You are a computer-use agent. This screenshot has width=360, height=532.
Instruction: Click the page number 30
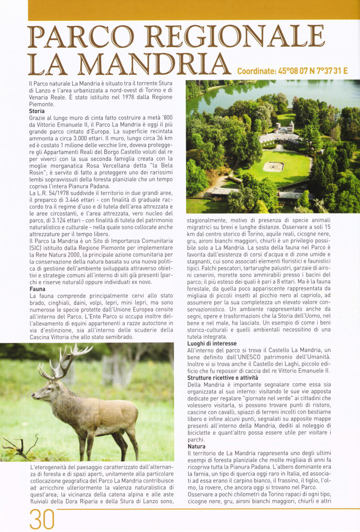click(x=42, y=519)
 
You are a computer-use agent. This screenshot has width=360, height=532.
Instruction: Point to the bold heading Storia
click(x=37, y=111)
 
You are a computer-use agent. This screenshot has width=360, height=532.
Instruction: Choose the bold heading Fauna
click(x=37, y=289)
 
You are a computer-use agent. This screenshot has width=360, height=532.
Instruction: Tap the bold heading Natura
click(x=197, y=446)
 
